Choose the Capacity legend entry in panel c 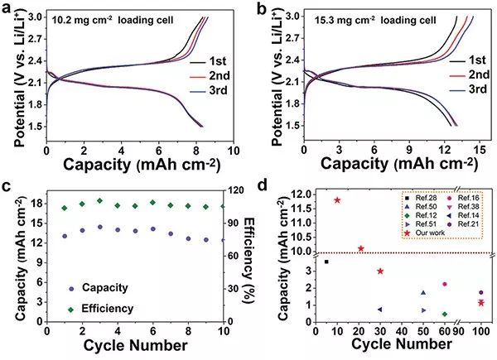(x=104, y=287)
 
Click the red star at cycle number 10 (x=337, y=200)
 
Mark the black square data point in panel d (x=326, y=262)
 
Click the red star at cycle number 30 (x=380, y=271)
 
